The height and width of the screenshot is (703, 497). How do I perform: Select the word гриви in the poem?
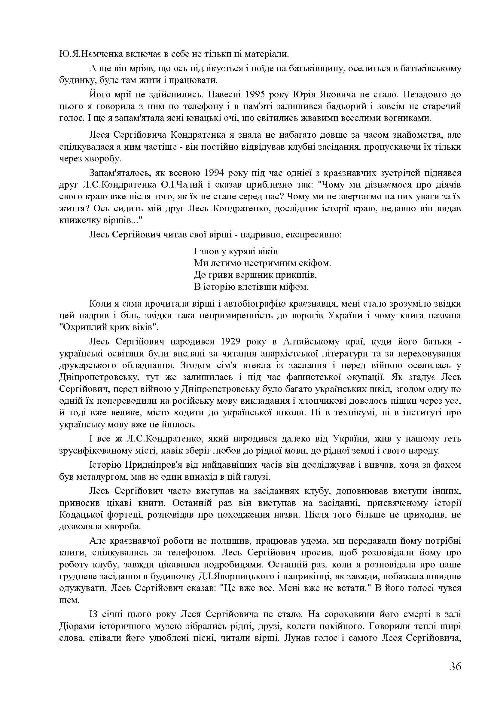[219, 275]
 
